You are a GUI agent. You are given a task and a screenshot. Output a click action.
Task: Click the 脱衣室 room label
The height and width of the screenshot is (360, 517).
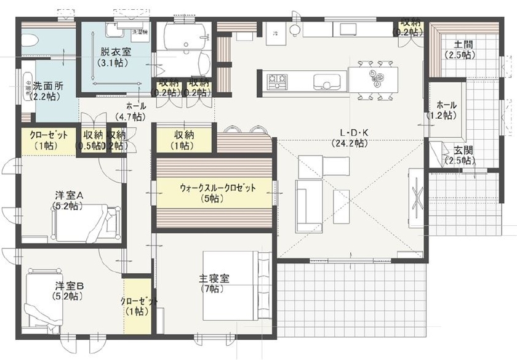coord(111,54)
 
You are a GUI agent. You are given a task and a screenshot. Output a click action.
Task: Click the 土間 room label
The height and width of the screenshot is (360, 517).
coord(462,45)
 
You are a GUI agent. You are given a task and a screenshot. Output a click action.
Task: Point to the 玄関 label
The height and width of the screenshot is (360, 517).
coord(463,150)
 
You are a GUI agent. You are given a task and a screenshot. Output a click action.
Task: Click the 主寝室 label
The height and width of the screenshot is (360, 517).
coord(213,278)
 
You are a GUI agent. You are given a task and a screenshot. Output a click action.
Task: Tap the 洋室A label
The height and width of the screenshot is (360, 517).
coord(68,196)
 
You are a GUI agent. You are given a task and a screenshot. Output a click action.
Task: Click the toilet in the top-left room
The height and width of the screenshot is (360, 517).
coord(30,39)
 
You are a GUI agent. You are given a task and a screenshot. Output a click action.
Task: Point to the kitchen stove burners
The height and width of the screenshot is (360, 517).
coord(275,79)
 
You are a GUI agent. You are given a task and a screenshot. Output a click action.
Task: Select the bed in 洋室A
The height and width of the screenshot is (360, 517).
coord(86,223)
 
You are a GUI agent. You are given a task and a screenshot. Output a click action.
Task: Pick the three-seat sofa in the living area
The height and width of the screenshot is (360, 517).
coord(305,206)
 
